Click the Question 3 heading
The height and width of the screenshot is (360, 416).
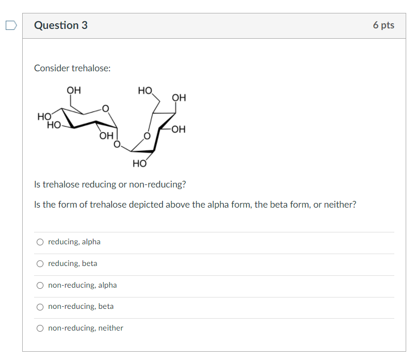(x=61, y=25)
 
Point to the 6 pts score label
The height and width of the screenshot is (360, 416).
(x=383, y=25)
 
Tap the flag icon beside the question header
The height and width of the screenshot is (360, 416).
(x=10, y=24)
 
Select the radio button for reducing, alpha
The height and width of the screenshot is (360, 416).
(x=40, y=242)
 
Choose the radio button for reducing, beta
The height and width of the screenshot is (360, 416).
(x=40, y=263)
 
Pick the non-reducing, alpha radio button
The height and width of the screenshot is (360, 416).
(x=40, y=285)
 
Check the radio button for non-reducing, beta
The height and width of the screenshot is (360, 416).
(x=40, y=306)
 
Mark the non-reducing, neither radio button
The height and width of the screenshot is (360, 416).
(x=40, y=328)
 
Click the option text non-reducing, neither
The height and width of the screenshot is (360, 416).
(x=86, y=328)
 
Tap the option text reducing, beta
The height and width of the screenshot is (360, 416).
(x=73, y=263)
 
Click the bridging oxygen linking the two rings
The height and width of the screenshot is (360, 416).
(x=117, y=144)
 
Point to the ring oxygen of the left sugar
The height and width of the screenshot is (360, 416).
(x=105, y=108)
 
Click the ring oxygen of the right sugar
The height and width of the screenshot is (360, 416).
(x=147, y=136)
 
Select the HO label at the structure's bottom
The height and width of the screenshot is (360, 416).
(x=139, y=164)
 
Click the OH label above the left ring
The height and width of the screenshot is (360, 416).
(x=74, y=90)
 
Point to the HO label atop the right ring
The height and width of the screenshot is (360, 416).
(x=145, y=91)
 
